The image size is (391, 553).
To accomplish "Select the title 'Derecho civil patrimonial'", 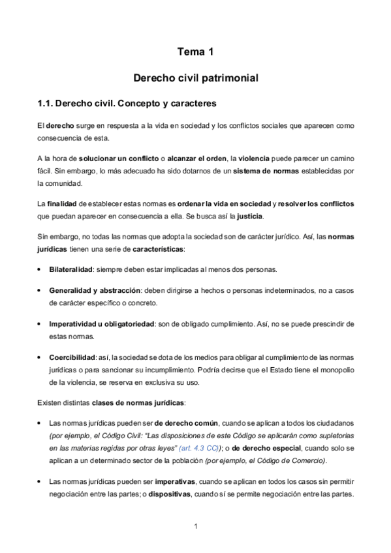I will point(196,78).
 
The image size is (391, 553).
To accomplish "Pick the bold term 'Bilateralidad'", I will point(72,269).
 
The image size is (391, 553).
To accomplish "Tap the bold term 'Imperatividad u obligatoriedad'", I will point(101,323).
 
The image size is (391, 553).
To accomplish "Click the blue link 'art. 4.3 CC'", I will point(199,430).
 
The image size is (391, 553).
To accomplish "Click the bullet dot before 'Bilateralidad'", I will point(41,269).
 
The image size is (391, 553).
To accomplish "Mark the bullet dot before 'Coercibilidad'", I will point(41,358).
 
